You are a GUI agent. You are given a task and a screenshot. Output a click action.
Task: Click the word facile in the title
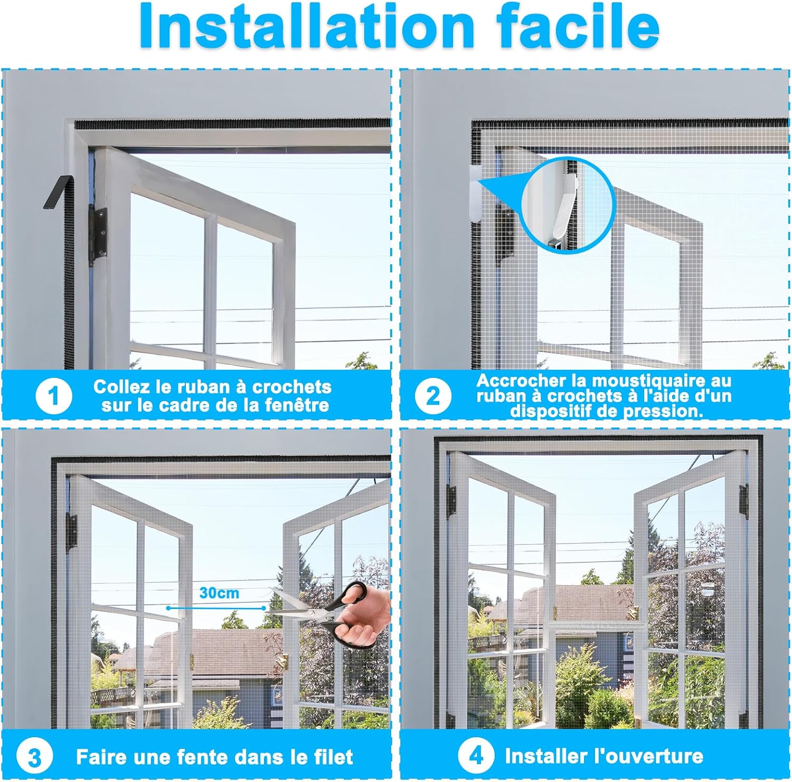coord(578,26)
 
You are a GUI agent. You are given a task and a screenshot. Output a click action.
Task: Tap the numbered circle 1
coord(53,396)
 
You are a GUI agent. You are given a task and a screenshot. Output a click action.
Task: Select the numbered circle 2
coord(432,396)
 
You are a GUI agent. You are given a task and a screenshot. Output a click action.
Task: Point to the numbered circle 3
coord(34,757)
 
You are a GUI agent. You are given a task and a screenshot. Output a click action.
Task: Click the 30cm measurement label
coord(219,593)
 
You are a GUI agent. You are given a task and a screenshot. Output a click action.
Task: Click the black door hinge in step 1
coord(98,235)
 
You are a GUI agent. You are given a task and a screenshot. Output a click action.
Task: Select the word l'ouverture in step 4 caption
coord(648,756)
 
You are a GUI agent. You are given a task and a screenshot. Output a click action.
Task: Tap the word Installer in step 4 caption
coord(546,756)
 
